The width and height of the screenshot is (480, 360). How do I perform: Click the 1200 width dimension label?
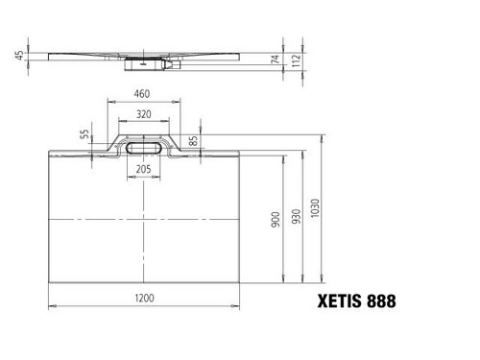144,299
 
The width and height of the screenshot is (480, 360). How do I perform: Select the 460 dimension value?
142,94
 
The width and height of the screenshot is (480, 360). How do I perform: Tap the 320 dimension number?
144,114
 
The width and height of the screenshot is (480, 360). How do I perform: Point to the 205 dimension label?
143,169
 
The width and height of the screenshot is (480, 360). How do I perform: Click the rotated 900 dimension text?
276,220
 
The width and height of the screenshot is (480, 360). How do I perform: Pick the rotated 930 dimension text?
297,216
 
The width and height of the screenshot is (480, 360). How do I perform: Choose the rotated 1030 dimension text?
315,208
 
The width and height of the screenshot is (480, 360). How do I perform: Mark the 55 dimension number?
84,134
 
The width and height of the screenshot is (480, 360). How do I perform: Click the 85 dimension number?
193,141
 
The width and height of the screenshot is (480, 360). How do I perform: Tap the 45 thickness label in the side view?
19,56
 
